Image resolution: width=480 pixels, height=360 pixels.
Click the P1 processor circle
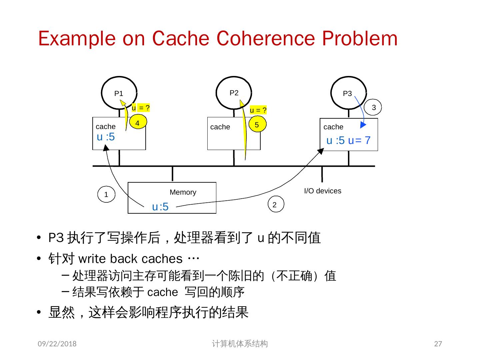pos(119,93)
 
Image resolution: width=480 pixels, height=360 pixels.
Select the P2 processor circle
pos(234,93)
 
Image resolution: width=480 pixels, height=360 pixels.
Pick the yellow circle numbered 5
pos(257,125)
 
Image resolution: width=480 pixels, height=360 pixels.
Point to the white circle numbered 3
pos(374,107)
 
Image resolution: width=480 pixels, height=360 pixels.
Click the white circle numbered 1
pos(106,195)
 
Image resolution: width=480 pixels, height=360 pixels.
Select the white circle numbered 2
pos(275,205)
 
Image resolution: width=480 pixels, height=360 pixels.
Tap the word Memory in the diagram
pos(183,192)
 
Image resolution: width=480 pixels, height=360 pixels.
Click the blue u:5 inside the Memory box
pos(160,207)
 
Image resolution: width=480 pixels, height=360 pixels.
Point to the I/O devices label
pos(322,191)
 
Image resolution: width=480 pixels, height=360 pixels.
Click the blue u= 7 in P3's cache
pos(359,140)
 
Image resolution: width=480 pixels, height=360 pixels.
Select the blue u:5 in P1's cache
pos(106,137)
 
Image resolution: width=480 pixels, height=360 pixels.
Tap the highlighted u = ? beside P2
pos(258,110)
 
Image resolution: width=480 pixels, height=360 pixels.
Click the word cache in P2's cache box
pos(220,127)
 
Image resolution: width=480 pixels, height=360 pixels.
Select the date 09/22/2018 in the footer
pos(57,344)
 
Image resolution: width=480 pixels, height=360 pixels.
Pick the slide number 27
pos(438,344)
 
